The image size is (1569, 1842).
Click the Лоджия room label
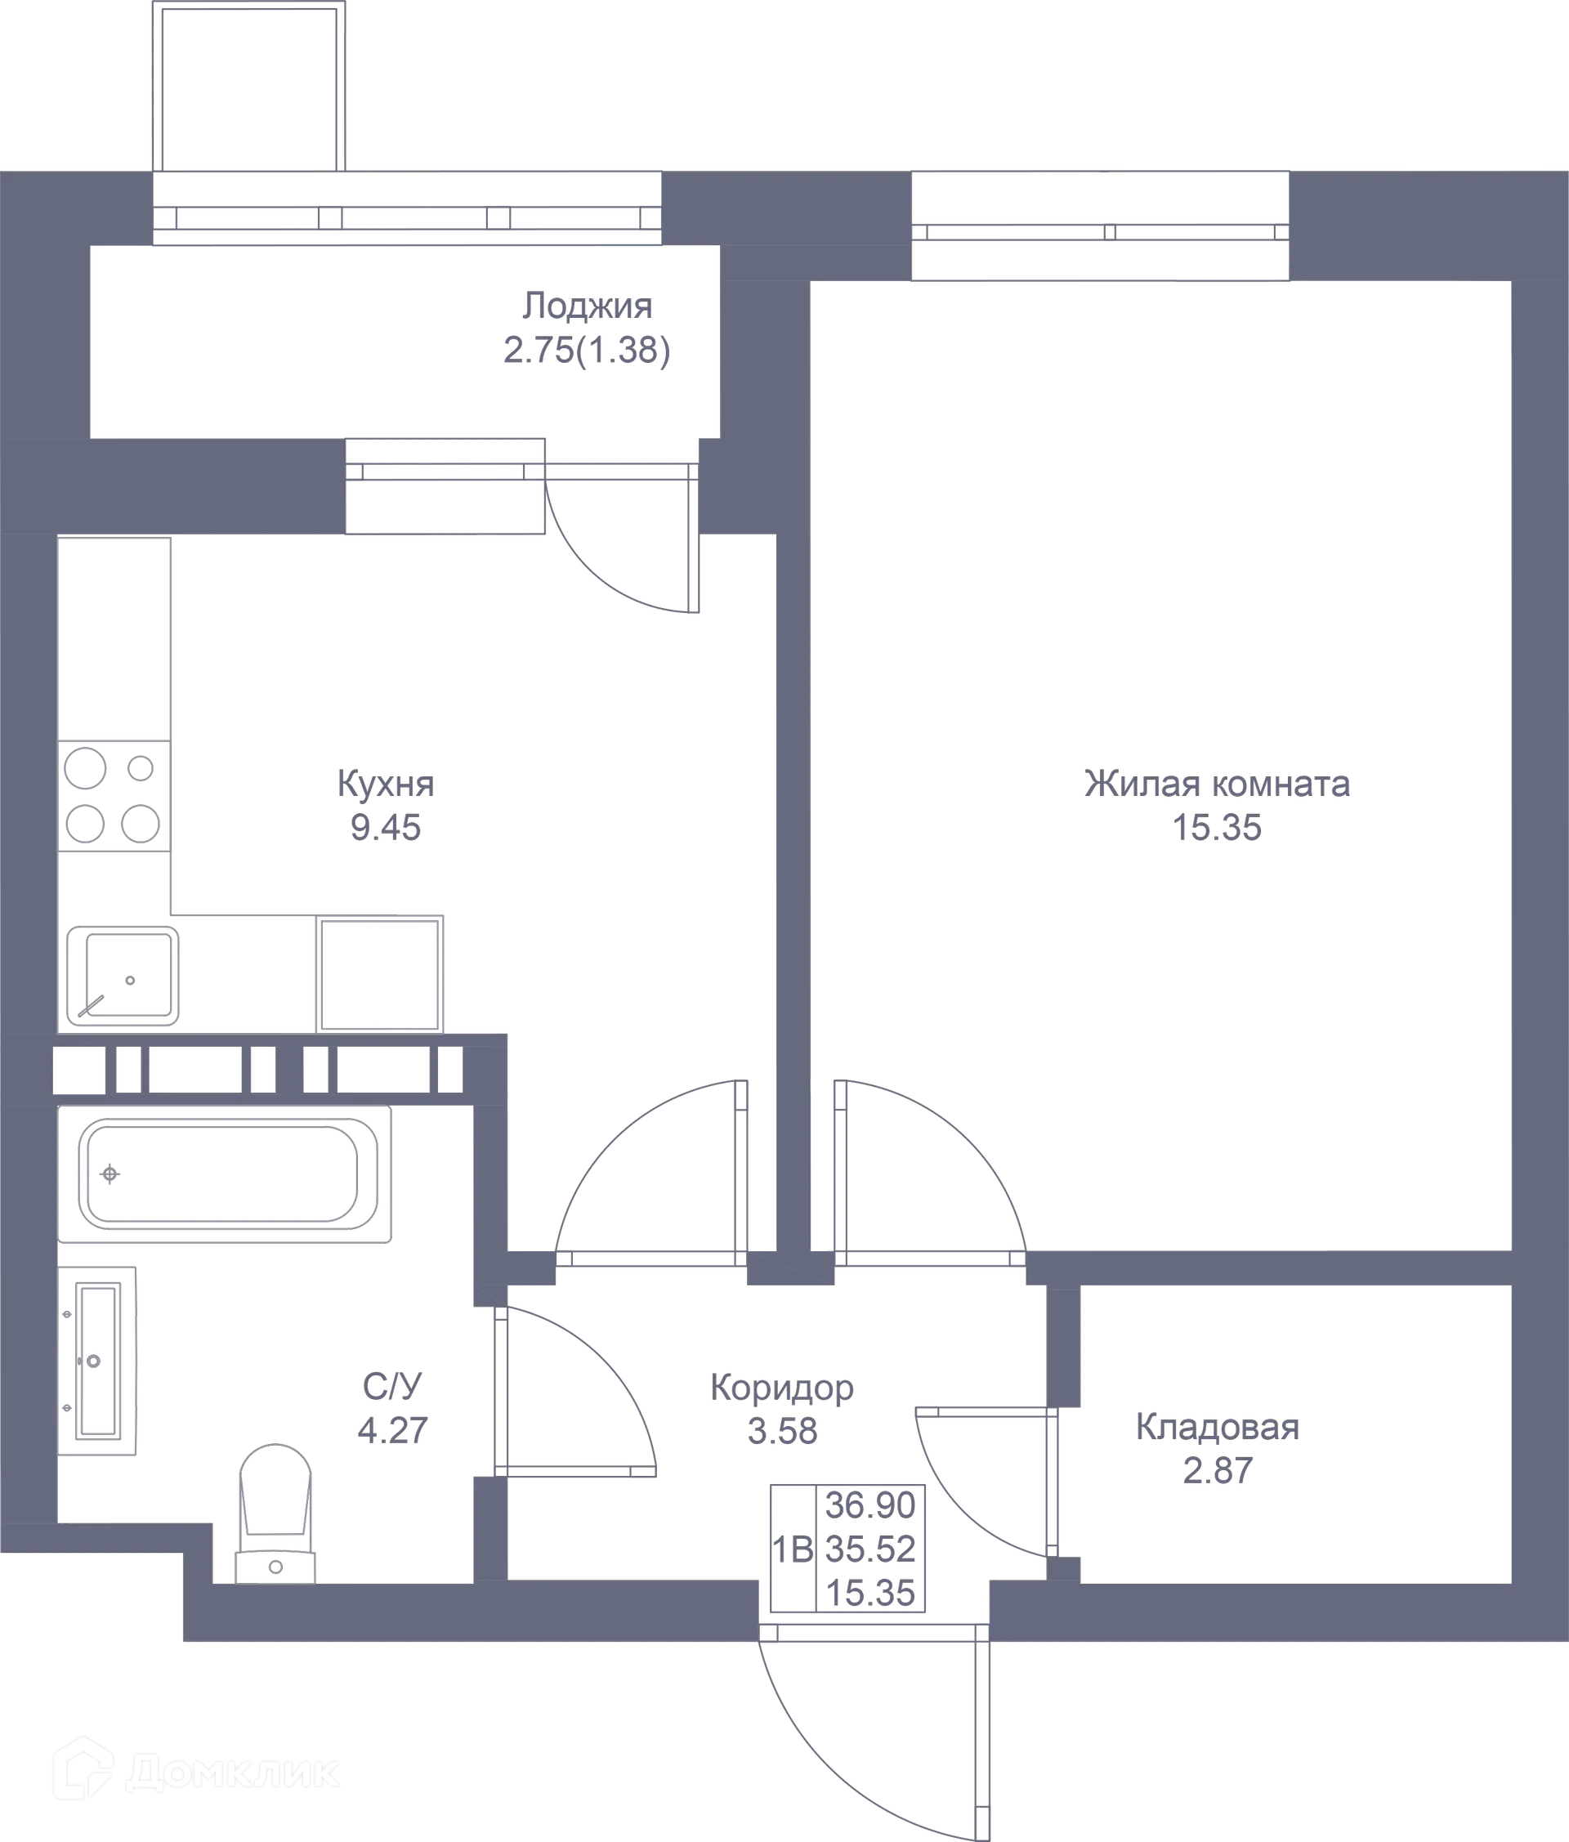pos(587,306)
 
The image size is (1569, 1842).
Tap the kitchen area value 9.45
pos(384,829)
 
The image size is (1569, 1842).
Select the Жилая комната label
pos(1216,784)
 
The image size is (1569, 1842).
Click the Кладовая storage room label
pos(1216,1428)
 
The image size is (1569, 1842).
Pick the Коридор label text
pos(780,1388)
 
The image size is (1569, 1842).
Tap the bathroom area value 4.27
pos(392,1430)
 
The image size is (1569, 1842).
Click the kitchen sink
pos(123,976)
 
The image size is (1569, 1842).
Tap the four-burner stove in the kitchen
pos(113,796)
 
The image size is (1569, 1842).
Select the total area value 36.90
pos(870,1505)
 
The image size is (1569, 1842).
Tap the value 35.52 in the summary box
pos(870,1549)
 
